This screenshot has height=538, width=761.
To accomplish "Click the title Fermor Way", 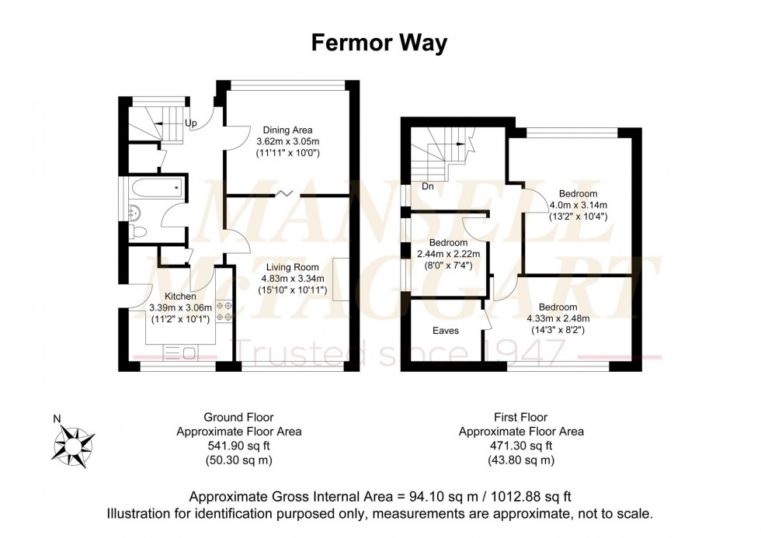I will (379, 43).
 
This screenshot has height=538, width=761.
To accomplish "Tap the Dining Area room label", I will (288, 130).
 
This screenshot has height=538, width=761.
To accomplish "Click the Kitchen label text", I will (179, 296).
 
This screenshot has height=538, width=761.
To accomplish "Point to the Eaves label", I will (446, 331).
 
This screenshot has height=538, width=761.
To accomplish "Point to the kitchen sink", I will (179, 354).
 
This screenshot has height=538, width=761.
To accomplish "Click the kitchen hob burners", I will (224, 311).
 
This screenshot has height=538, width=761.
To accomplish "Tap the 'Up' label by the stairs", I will (190, 123).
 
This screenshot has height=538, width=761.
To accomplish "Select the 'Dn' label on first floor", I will (427, 186).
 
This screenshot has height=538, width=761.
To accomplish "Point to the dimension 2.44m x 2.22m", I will (449, 254).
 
